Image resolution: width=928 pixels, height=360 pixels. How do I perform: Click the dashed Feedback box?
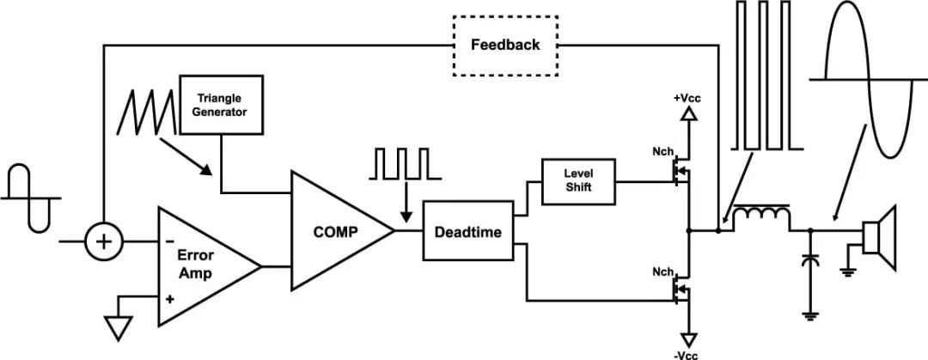click(505, 44)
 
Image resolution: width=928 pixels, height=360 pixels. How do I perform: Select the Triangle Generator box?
click(222, 104)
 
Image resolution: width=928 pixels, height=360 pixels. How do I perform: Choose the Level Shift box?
click(577, 181)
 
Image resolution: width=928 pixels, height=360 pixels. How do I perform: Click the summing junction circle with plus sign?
click(103, 243)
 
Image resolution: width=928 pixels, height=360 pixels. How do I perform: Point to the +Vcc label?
click(687, 98)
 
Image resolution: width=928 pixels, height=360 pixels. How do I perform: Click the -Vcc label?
click(687, 352)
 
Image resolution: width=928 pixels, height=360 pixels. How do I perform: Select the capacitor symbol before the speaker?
click(809, 261)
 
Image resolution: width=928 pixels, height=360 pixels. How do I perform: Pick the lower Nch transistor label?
click(662, 272)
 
